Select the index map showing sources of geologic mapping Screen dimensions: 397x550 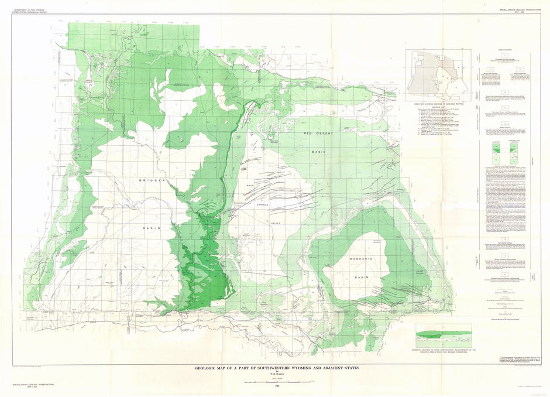pyautogui.click(x=437, y=73)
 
